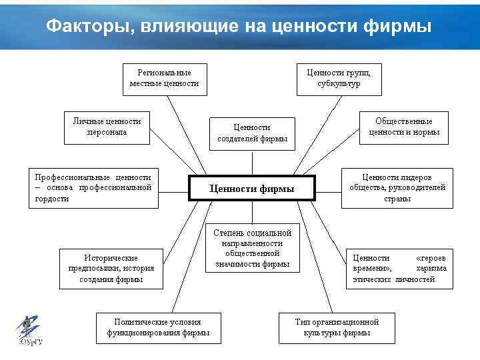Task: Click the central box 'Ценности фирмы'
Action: [251, 189]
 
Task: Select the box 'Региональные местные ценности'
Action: [164, 78]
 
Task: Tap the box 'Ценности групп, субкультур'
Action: [339, 78]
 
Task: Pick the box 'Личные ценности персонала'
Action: [107, 127]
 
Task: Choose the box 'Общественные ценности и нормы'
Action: [403, 127]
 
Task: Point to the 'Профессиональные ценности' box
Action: [93, 188]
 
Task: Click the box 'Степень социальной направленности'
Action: [252, 249]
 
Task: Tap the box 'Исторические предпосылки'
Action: [111, 269]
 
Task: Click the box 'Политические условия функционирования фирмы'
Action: [158, 327]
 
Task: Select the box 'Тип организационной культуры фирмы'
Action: [337, 327]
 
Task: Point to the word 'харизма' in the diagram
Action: [431, 269]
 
